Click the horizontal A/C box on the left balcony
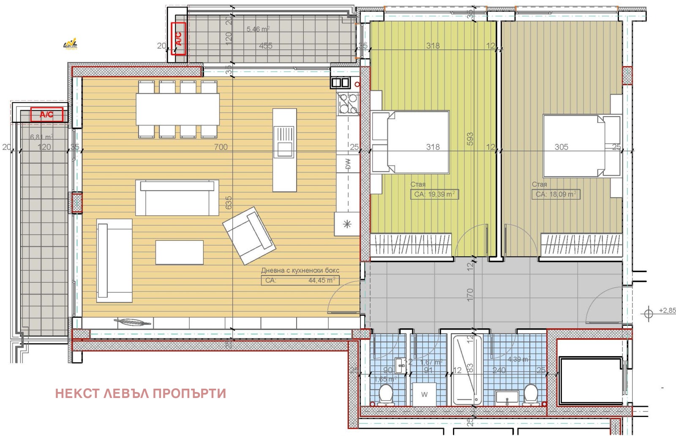pyautogui.click(x=47, y=114)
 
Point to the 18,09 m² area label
pyautogui.click(x=556, y=194)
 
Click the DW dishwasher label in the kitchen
pyautogui.click(x=348, y=164)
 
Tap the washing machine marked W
pyautogui.click(x=425, y=395)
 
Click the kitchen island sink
pyautogui.click(x=285, y=142)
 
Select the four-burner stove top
pyautogui.click(x=348, y=104)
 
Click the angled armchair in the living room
pyautogui.click(x=249, y=235)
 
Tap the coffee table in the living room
pyautogui.click(x=180, y=252)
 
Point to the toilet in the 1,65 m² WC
pyautogui.click(x=386, y=394)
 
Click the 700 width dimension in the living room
pyautogui.click(x=221, y=147)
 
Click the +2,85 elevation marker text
pyautogui.click(x=667, y=311)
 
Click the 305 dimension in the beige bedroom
pyautogui.click(x=561, y=147)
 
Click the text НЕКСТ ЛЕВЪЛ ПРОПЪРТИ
pyautogui.click(x=140, y=393)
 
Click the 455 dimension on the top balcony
pyautogui.click(x=265, y=46)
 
